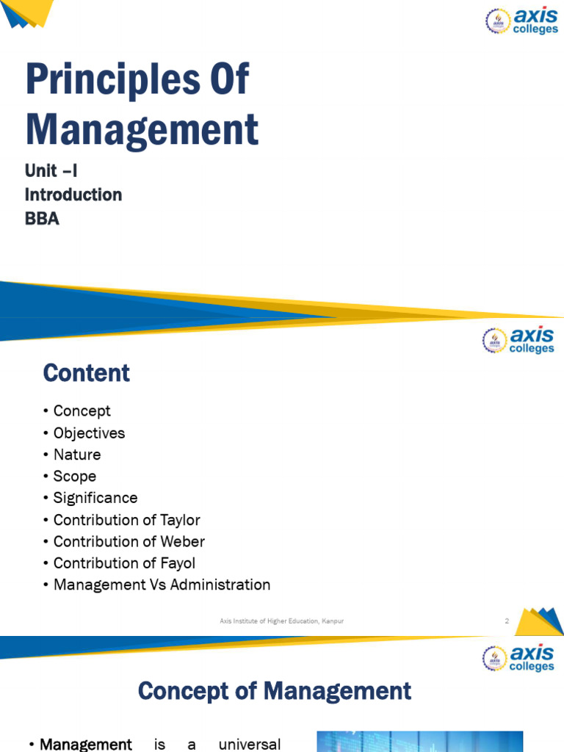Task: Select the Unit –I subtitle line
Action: [x=51, y=171]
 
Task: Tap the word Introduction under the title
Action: [x=73, y=195]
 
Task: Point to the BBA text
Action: [x=42, y=218]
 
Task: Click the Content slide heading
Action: [x=87, y=373]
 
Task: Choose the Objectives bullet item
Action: [x=89, y=433]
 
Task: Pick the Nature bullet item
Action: [x=77, y=455]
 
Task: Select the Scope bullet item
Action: [x=75, y=476]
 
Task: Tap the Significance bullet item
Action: [x=95, y=498]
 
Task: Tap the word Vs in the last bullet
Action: [x=173, y=585]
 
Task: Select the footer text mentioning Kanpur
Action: [x=282, y=621]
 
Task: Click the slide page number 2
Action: [x=507, y=621]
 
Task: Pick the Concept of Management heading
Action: [x=275, y=691]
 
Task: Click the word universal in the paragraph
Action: [x=250, y=745]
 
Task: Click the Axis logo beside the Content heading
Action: [x=518, y=340]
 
